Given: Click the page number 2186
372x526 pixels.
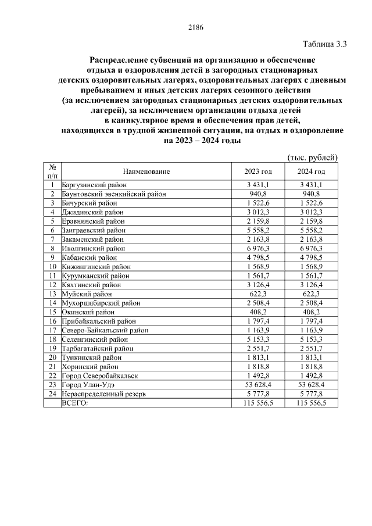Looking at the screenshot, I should [195, 27].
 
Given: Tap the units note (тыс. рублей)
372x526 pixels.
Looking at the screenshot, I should [313, 158].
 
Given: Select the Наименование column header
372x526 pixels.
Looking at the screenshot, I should [146, 171].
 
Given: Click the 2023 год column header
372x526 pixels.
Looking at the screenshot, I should [258, 171].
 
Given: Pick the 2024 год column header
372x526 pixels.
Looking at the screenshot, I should [311, 171].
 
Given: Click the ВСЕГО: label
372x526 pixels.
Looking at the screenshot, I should [76, 403].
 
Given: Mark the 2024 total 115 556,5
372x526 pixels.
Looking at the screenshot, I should [311, 403].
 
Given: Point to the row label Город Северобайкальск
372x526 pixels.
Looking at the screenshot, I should [98, 375].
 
